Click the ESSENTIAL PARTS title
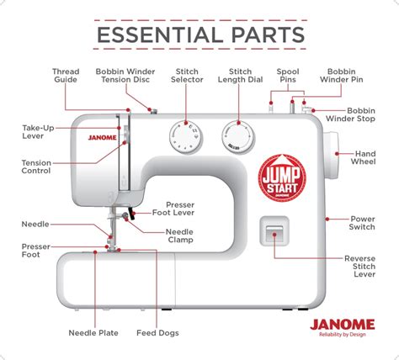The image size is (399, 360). tap(199, 34)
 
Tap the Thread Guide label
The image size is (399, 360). tap(66, 77)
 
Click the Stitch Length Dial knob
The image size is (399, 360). tap(238, 135)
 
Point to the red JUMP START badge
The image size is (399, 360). tap(280, 177)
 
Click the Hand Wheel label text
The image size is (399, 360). tap(365, 159)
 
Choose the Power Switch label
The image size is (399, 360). tap(363, 223)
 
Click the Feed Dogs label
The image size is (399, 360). tap(156, 332)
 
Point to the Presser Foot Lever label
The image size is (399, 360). tap(180, 210)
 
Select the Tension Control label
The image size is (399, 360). tap(35, 166)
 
